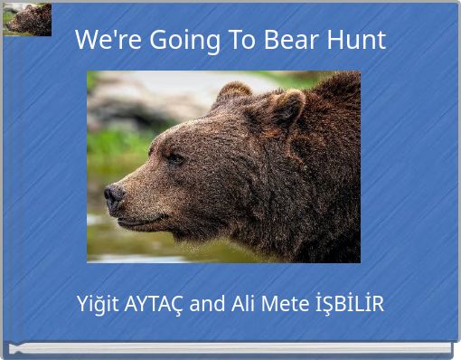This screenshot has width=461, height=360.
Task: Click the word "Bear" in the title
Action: tap(294, 40)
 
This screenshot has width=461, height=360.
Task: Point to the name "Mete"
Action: tap(284, 304)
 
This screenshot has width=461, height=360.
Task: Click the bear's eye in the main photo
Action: tap(174, 157)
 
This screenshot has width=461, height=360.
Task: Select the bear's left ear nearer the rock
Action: tap(233, 90)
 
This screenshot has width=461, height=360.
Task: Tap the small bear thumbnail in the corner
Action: tap(27, 19)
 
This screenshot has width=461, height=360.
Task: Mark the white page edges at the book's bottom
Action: tap(230, 348)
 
